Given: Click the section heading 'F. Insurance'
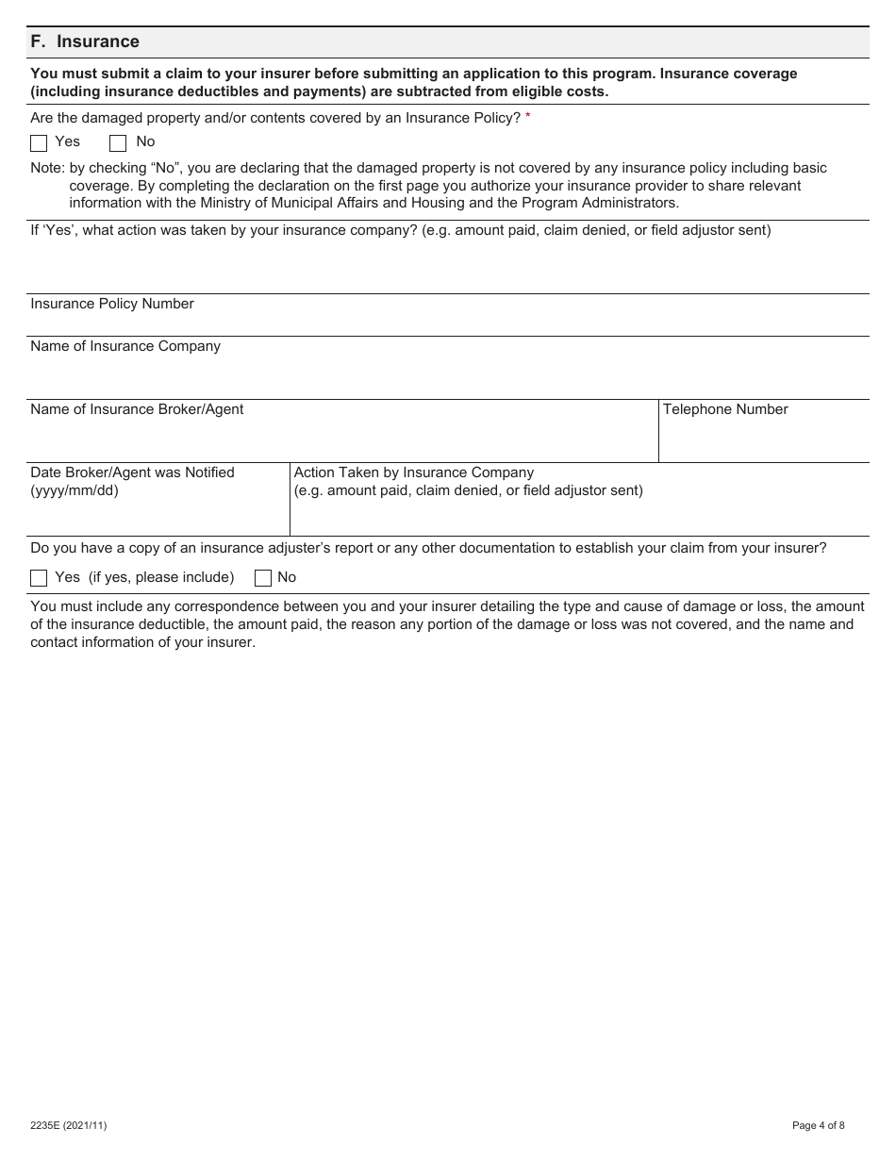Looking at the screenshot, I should coord(85,41).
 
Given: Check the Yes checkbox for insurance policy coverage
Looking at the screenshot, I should coord(39,143).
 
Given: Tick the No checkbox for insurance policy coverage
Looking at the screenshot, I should coord(118,143).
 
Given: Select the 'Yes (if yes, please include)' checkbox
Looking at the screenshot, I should coord(39,578).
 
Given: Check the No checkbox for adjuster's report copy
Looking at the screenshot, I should coord(263,578).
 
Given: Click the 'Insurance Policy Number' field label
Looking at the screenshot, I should coord(112,304).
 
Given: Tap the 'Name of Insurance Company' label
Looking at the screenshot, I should coord(125,346).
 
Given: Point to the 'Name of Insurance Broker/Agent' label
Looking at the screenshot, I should coord(137,409).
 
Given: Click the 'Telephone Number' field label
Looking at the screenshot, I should coord(725,409).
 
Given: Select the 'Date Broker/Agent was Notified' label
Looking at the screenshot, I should coord(132,472).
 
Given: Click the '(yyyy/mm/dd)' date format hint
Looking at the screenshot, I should coord(75,490).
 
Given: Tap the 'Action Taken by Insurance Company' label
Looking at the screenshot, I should coord(414,472).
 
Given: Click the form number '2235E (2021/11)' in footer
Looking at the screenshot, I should coord(68,1125).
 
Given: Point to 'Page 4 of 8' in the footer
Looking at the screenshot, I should coord(818,1125).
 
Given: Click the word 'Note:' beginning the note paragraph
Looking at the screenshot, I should coord(48,168).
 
